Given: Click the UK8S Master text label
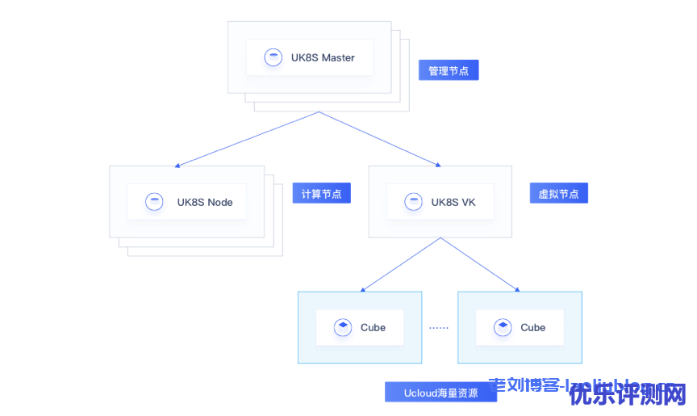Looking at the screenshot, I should tap(323, 58).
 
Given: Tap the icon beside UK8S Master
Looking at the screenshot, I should tap(273, 57).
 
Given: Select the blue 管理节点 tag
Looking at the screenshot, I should tap(449, 71).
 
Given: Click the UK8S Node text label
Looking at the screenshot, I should tap(205, 202).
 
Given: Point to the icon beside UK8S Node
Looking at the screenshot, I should tap(154, 202).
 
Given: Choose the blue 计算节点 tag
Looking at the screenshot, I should tap(321, 194).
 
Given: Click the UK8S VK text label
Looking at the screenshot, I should tap(453, 202).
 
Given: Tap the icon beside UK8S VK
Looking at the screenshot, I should tap(413, 202).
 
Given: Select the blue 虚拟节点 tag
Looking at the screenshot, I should tap(558, 194).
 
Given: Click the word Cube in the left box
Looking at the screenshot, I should tap(373, 327).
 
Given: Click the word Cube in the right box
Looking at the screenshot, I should tap(532, 327).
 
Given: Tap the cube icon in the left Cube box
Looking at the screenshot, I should tap(343, 327).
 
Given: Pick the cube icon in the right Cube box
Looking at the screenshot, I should tap(503, 327).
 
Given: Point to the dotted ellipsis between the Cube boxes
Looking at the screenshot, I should tap(439, 328).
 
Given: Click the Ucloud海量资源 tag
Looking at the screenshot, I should tap(440, 393).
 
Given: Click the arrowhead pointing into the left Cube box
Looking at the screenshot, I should tap(364, 288).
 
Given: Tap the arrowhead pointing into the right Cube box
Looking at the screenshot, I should tap(516, 288).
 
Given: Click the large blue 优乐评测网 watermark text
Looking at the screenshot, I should tap(628, 395).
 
